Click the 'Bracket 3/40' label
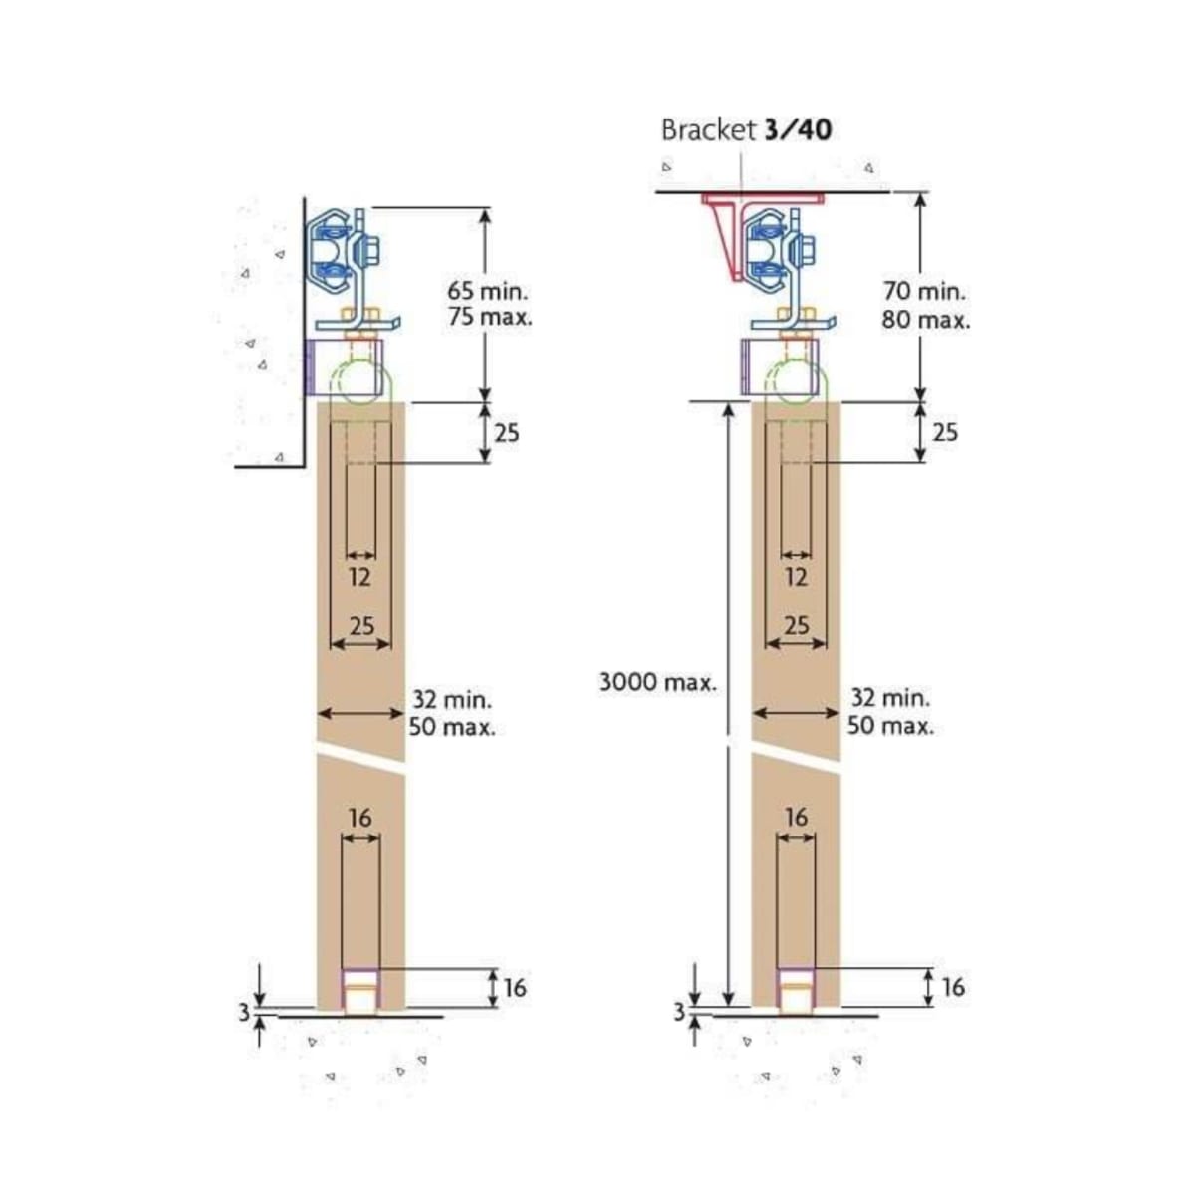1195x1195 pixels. coord(747,130)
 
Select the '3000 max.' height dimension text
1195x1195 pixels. coord(657,683)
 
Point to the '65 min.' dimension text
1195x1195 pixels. coord(489,290)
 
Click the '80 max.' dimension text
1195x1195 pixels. coord(925,320)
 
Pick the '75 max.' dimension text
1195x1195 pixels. coord(490,317)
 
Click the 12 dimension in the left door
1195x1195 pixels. coord(360,577)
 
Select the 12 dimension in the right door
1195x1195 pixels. coord(796,577)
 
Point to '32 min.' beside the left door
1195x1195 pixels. coord(452,699)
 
